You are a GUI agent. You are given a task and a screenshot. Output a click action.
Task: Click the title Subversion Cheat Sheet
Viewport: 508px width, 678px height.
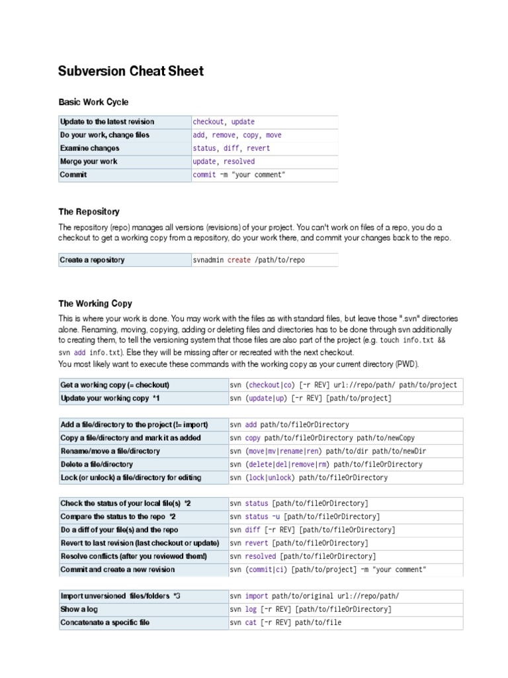point(131,72)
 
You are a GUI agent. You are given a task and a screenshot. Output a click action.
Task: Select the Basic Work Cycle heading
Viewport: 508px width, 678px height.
point(93,102)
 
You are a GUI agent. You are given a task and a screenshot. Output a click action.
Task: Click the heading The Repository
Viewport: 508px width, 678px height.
point(89,212)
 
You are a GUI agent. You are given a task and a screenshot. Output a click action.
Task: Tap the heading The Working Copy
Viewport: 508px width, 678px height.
point(95,304)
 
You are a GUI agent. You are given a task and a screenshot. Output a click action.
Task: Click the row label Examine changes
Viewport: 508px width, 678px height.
point(90,148)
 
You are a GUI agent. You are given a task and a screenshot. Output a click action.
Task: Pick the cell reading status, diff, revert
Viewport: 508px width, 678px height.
point(232,148)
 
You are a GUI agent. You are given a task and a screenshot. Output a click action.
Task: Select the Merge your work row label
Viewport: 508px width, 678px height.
point(89,162)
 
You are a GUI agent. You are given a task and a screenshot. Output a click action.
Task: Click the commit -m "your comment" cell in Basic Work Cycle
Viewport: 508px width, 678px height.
point(239,175)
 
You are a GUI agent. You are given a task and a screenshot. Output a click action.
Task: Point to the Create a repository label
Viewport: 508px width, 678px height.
point(92,260)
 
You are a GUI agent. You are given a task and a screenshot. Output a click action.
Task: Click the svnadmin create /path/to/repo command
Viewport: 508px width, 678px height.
point(249,260)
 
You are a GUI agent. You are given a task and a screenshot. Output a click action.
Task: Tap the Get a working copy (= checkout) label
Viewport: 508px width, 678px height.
point(115,385)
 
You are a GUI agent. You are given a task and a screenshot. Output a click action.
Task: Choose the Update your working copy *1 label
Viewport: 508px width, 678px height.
point(110,398)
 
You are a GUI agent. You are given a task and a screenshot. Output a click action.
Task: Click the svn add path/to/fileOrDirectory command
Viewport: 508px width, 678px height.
point(289,424)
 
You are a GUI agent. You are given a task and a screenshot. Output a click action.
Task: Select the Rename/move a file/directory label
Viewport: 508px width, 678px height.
point(110,451)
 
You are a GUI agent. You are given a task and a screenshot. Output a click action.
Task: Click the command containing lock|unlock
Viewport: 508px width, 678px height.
point(309,477)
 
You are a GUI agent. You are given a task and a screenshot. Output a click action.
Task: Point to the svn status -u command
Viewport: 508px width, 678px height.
point(305,516)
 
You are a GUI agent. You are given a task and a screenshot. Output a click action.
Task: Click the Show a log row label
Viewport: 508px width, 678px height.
point(79,609)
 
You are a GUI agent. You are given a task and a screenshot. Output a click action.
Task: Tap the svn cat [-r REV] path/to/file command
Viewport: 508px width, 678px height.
point(286,622)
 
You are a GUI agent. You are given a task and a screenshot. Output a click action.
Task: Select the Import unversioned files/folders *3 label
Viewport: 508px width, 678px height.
point(120,596)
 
